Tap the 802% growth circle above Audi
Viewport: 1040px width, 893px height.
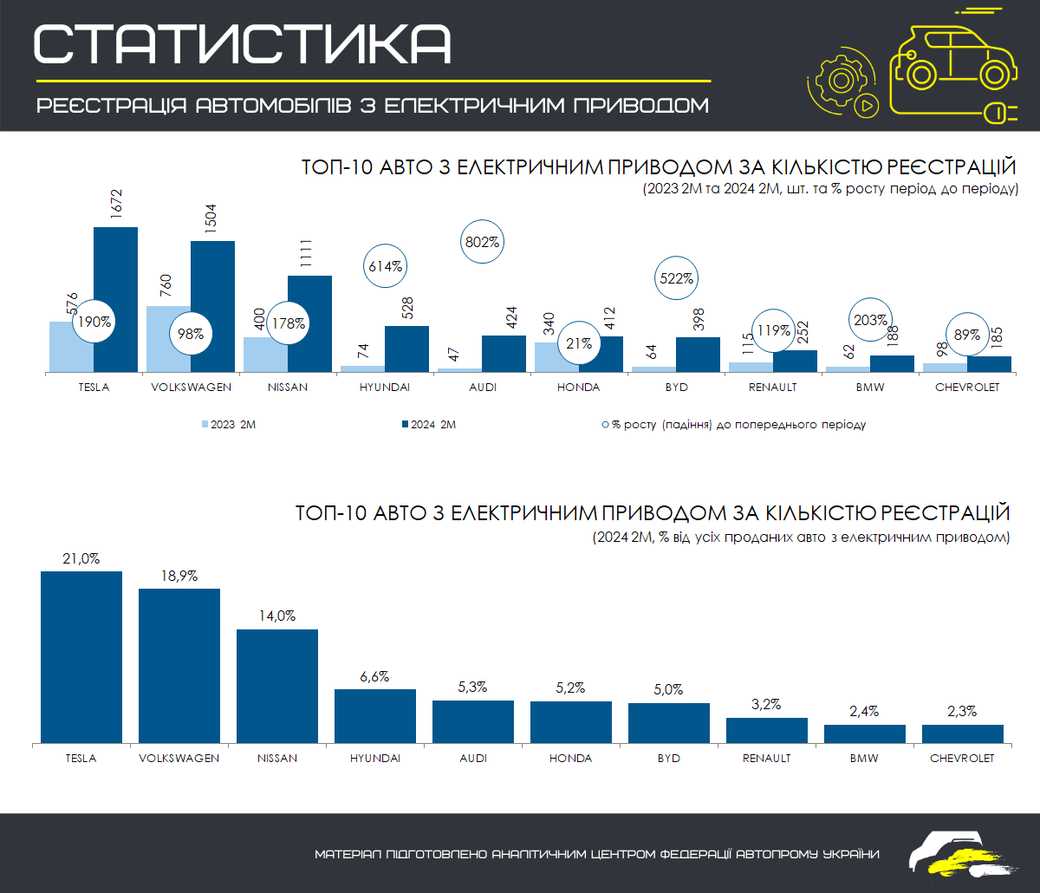point(483,242)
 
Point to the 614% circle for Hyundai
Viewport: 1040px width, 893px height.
point(386,267)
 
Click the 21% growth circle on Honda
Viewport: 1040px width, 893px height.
point(580,344)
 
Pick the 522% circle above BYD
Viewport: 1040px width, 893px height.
point(677,279)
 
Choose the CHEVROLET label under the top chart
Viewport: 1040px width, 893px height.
point(967,387)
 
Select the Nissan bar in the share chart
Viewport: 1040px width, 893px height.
point(277,686)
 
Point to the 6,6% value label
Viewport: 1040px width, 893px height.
point(374,676)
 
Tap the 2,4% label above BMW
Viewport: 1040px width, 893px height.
point(864,711)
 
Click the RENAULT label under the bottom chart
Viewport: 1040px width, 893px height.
point(766,758)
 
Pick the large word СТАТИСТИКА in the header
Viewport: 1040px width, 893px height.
point(243,43)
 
